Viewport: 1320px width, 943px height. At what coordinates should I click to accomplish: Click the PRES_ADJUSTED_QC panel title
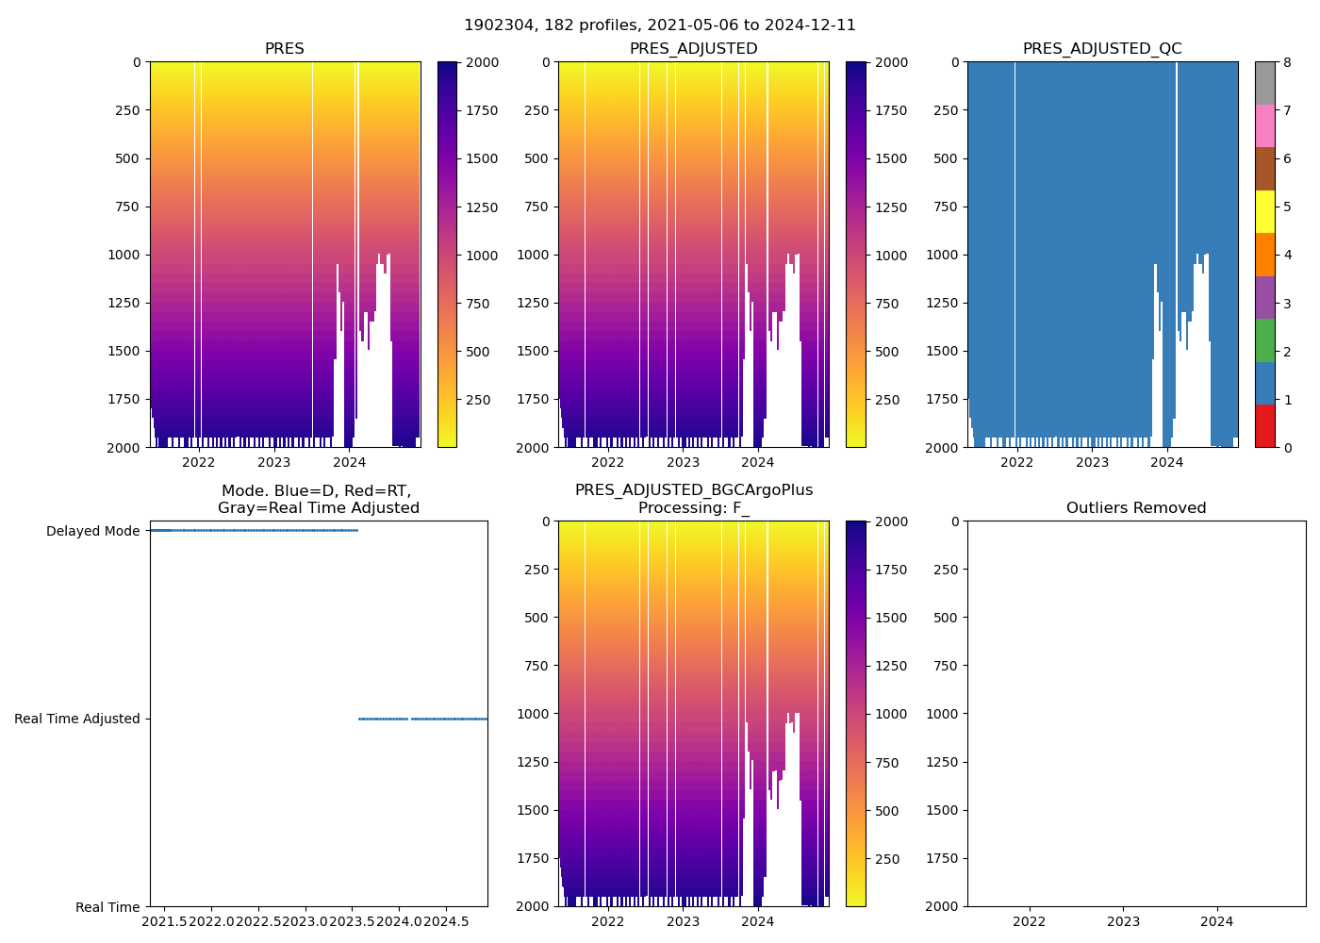click(x=1102, y=49)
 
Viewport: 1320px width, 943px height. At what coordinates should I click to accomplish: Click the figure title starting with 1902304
click(x=660, y=25)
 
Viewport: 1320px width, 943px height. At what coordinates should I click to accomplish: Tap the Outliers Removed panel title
click(x=1136, y=508)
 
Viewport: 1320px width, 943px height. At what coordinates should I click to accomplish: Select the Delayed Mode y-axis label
click(x=92, y=531)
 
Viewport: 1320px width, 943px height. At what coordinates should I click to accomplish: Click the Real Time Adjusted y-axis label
click(x=77, y=719)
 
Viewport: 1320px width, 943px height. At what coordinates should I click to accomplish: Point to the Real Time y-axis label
click(x=107, y=907)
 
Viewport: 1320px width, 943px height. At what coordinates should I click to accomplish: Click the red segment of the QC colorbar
click(x=1264, y=426)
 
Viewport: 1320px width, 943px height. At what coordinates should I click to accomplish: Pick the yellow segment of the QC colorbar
click(x=1264, y=211)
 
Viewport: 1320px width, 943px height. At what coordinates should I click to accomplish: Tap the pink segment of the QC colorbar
click(x=1264, y=125)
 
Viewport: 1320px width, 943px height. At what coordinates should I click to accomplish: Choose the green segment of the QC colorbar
click(x=1264, y=340)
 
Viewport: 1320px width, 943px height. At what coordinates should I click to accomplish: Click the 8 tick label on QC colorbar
click(x=1287, y=62)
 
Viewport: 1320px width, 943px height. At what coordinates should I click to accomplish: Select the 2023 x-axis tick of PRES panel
click(x=274, y=462)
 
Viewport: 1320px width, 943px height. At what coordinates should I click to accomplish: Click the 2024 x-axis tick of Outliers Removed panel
click(x=1216, y=921)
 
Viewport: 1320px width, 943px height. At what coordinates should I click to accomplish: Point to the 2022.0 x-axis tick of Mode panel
click(x=211, y=921)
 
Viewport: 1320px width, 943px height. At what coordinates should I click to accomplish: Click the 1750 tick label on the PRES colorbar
click(x=482, y=110)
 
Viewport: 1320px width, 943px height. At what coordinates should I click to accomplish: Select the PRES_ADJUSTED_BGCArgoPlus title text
click(x=694, y=490)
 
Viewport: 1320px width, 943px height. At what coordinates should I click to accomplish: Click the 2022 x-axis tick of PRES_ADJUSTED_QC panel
click(x=1016, y=462)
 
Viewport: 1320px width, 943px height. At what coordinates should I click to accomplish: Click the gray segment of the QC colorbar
click(x=1264, y=83)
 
